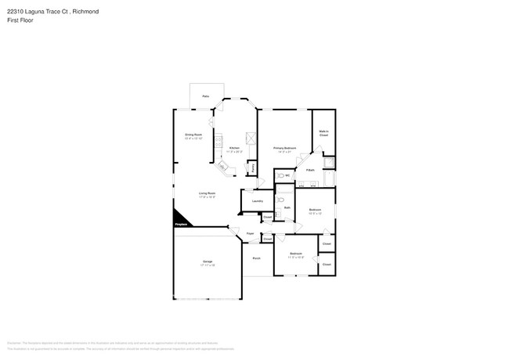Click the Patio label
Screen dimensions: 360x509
tap(206, 96)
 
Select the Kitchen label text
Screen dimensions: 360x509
tap(234, 149)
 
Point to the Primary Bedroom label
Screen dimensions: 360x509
tap(284, 149)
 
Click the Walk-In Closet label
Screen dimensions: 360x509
tap(323, 134)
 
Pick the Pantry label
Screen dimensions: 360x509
tap(252, 167)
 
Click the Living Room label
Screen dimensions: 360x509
tap(207, 194)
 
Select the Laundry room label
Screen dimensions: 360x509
tap(257, 201)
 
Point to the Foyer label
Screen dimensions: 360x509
tap(251, 233)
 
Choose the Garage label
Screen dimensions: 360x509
tap(208, 262)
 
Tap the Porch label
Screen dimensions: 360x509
tap(256, 258)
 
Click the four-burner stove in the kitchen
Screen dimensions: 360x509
tap(250, 139)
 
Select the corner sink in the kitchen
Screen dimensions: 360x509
tap(222, 167)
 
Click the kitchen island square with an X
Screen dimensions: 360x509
tap(250, 139)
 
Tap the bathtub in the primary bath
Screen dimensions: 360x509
tap(330, 164)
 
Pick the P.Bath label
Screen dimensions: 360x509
tap(310, 170)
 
